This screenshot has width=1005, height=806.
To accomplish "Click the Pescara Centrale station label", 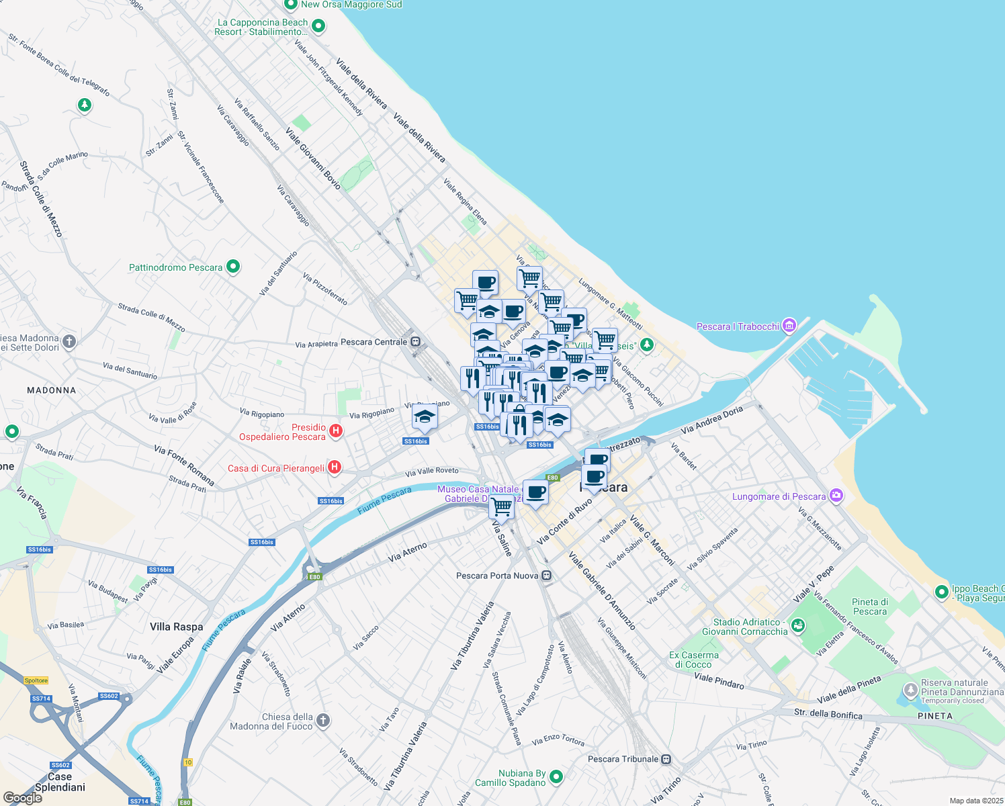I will point(374,342).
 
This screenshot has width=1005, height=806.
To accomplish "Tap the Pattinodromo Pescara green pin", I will point(233,267).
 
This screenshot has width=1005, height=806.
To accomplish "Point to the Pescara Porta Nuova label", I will point(497,576).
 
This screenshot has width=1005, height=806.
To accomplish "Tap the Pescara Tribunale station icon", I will point(666,759).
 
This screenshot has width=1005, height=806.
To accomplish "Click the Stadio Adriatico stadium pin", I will point(797,626).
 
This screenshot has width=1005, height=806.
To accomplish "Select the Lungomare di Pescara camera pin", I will point(836,496).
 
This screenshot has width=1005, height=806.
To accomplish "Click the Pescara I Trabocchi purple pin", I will point(789,326).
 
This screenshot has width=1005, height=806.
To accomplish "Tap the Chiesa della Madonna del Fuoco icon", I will point(323,721).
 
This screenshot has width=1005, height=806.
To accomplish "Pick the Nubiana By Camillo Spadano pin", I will point(556,777).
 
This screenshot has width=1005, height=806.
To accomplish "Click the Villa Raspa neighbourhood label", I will point(176,627).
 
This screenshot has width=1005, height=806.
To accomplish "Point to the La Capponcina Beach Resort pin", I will point(318,26).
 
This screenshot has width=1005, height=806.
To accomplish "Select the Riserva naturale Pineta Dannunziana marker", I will point(910,690).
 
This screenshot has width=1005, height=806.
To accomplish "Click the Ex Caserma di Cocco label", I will point(693,660).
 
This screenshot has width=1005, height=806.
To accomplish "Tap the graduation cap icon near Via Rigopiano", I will point(425,418).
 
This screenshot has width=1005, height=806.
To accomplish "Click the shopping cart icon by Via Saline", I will point(501,506).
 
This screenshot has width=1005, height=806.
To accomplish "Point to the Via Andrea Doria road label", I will point(711,420).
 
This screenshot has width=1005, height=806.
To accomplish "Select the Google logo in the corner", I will point(22,798).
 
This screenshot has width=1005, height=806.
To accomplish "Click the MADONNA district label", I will point(52,390).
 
